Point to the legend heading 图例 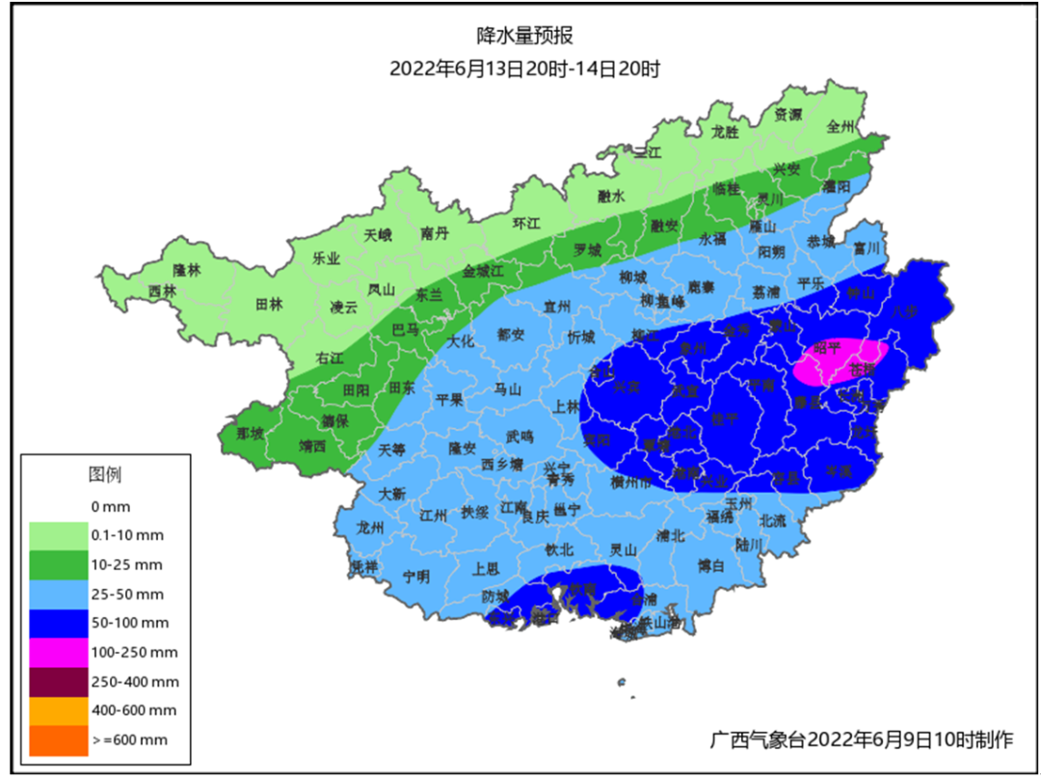click(x=104, y=474)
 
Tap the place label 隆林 click(x=186, y=271)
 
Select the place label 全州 click(x=841, y=126)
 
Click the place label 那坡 click(x=250, y=434)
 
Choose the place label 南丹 click(x=435, y=233)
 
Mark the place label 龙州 click(x=370, y=527)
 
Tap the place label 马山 click(x=507, y=390)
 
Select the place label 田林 click(x=269, y=304)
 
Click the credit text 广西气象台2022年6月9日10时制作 click(x=862, y=739)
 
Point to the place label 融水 click(x=610, y=196)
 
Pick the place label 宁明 click(x=416, y=577)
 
